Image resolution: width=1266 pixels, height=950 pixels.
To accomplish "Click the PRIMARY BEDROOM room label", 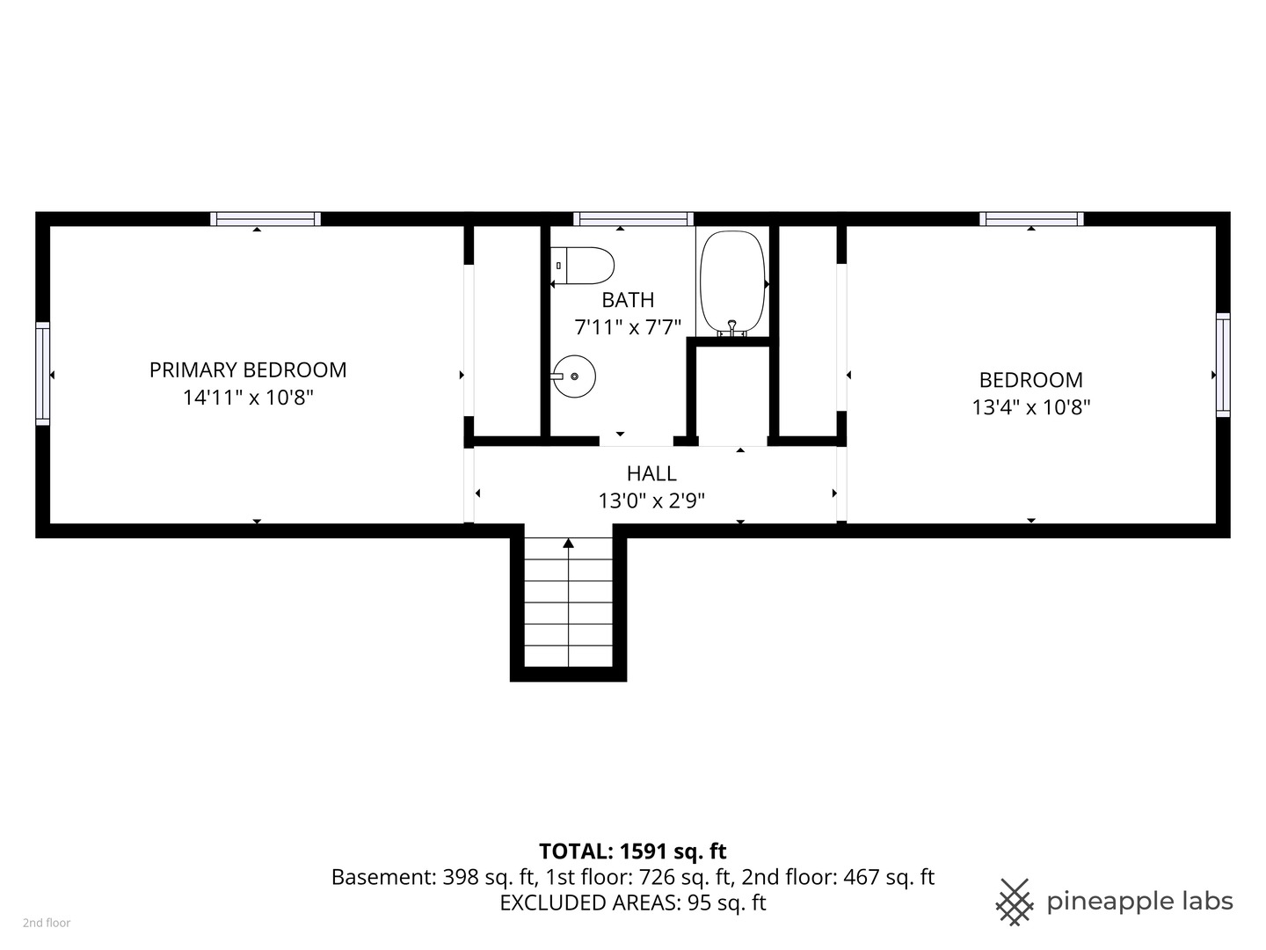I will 248,370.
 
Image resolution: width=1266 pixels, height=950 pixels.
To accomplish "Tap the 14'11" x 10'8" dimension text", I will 248,398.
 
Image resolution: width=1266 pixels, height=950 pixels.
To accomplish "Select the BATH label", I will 628,300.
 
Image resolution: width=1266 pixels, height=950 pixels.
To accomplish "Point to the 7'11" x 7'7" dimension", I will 628,327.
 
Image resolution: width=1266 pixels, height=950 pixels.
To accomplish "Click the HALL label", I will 651,473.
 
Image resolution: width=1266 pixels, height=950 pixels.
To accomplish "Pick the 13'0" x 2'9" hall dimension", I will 651,501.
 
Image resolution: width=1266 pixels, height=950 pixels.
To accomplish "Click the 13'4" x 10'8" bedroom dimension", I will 1030,407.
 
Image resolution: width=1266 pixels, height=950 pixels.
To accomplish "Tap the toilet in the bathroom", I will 584,265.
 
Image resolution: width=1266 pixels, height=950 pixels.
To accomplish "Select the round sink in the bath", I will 574,376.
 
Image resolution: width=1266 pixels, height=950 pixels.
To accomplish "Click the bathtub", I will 731,280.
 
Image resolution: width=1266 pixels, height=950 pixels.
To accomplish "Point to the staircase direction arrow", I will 569,544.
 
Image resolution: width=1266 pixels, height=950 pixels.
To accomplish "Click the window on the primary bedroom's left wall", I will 42,374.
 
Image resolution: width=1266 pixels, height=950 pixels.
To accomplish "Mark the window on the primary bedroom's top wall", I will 265,219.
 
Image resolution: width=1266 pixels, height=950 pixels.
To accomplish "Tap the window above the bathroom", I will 633,219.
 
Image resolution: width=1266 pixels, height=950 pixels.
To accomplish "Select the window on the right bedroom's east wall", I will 1223,364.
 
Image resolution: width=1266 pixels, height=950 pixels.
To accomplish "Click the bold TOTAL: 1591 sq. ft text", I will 632,851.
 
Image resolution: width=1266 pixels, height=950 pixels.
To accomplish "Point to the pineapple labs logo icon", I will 1014,902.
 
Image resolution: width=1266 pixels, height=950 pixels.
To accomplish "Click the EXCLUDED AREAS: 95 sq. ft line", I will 632,902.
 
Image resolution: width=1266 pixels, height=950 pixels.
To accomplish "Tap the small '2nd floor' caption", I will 47,923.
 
